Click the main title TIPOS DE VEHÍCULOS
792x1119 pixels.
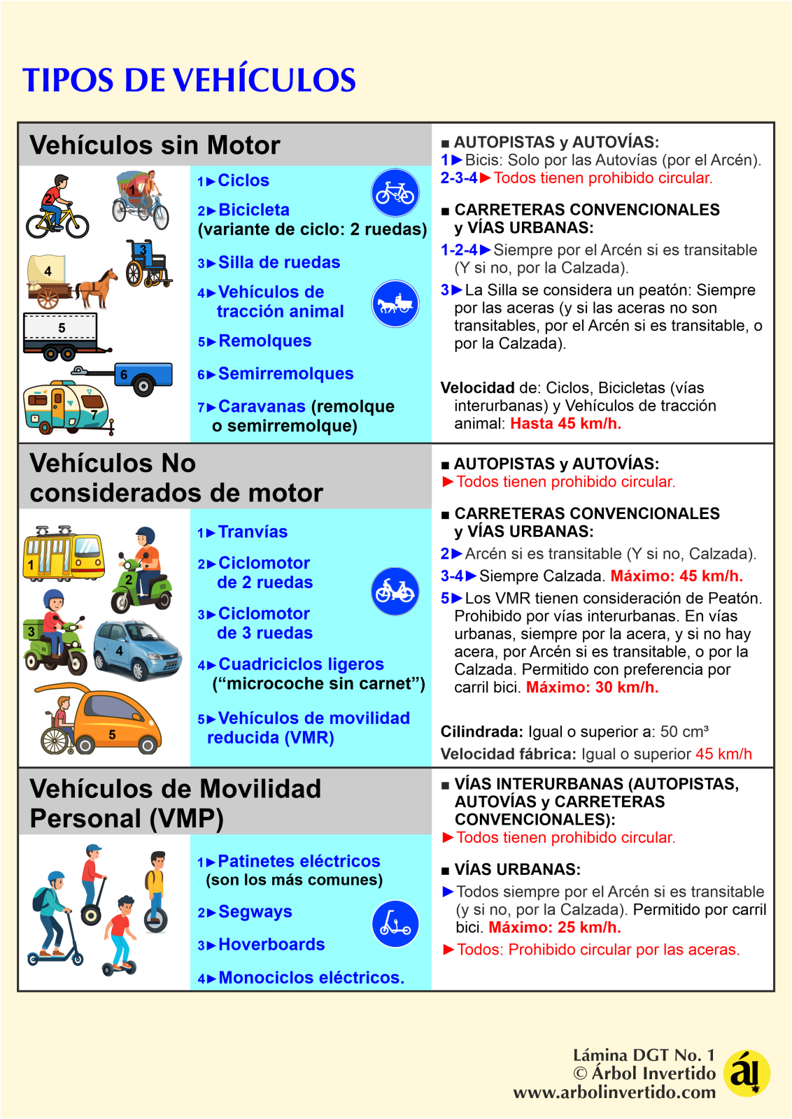pos(189,80)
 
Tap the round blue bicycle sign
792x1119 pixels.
pos(395,192)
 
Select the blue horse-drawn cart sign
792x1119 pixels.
pos(395,304)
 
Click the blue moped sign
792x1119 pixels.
pos(395,591)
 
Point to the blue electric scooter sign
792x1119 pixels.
pos(395,923)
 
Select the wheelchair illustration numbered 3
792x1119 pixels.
pos(147,264)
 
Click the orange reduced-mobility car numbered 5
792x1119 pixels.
pos(112,720)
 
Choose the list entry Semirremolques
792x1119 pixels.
pos(285,373)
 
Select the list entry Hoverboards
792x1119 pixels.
pos(271,944)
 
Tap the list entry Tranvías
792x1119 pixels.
pos(253,532)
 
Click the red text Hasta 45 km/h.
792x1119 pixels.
pos(565,423)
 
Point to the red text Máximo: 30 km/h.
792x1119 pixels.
pos(592,687)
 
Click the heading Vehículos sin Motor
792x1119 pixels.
pos(155,145)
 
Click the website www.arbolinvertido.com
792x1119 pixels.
pos(614,1092)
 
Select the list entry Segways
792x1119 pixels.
pos(255,911)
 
